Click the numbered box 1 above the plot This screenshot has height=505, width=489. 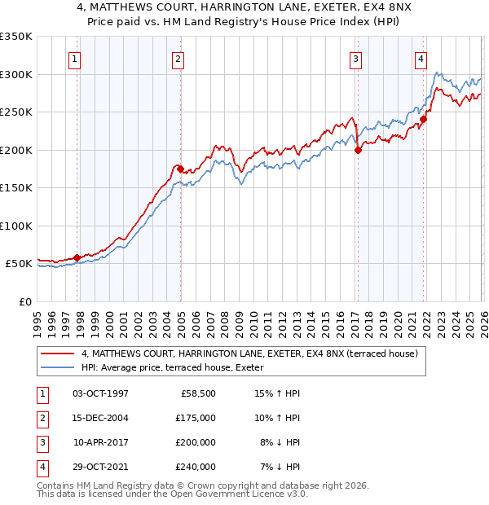pos(74,59)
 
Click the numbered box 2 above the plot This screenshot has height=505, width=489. pos(178,59)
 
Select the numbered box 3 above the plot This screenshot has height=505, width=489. pos(356,59)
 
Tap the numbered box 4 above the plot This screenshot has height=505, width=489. pos(421,59)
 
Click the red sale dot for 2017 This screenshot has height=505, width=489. pos(359,150)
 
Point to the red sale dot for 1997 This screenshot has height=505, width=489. pos(77,257)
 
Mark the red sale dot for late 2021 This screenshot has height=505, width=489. pos(423,120)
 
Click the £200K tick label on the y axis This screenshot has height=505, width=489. pos(16,150)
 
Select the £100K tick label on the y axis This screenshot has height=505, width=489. pos(16,226)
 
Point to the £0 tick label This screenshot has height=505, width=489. pos(24,301)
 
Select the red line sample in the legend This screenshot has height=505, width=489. pos(57,353)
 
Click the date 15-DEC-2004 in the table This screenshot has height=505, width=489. pos(100,418)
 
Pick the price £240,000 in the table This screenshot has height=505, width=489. pos(195,467)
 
